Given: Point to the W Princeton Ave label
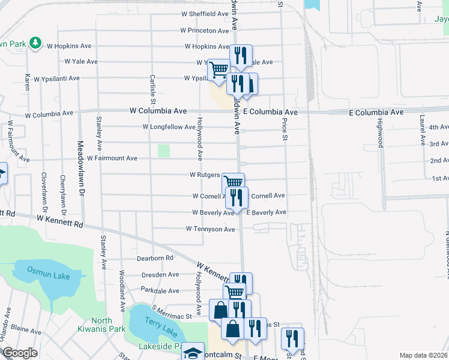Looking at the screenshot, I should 204,30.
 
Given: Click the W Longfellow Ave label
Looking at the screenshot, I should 169,127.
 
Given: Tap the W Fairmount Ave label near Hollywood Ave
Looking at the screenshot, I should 112,158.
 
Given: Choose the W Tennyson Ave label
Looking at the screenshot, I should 210,229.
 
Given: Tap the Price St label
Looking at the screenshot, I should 283,130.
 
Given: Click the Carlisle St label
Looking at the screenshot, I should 153,90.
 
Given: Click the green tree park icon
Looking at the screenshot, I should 36,43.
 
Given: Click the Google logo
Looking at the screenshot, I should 19,353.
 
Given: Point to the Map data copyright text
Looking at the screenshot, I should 424,355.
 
